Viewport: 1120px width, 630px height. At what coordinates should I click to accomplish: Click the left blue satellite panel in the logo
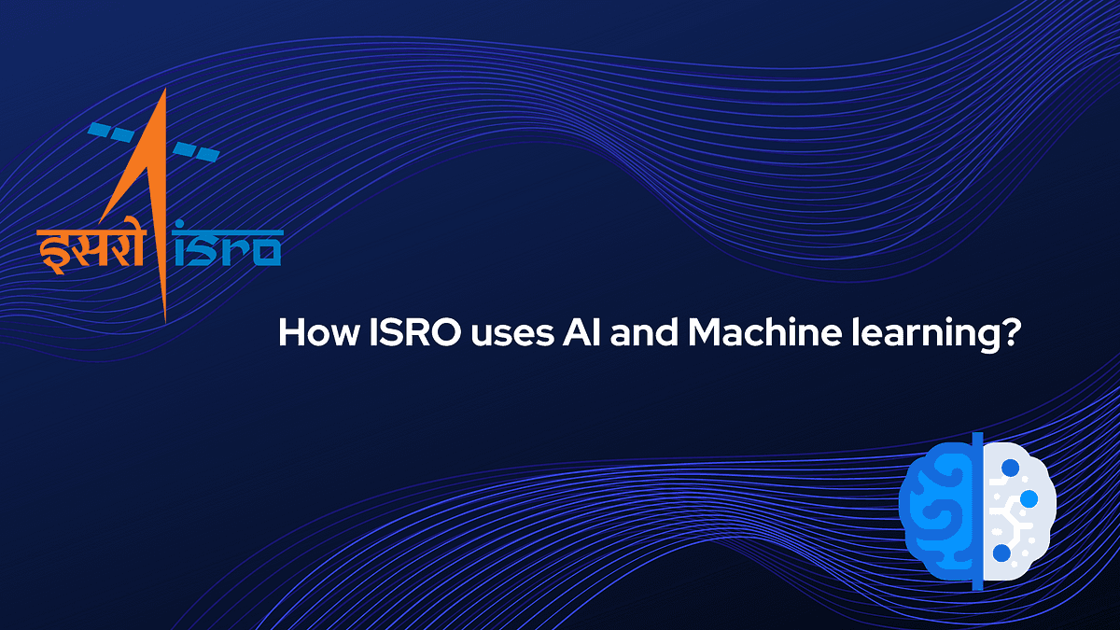pos(112,132)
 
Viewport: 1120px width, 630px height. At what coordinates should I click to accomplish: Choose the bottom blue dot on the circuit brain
pos(1001,553)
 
